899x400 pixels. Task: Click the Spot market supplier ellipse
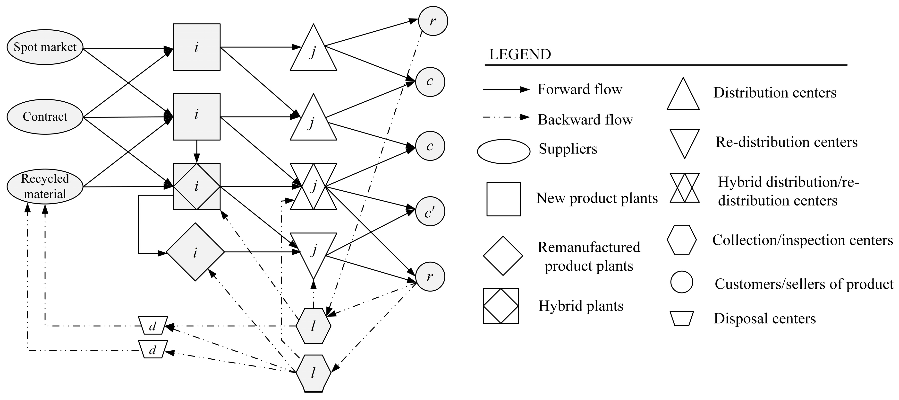pyautogui.click(x=45, y=47)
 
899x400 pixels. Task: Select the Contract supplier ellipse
pyautogui.click(x=45, y=117)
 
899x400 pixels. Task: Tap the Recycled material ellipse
pyautogui.click(x=45, y=187)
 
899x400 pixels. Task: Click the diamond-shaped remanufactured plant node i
pyautogui.click(x=195, y=252)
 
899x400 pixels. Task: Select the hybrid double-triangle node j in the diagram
pyautogui.click(x=314, y=187)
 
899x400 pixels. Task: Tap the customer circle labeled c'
pyautogui.click(x=430, y=212)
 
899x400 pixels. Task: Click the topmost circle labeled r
pyautogui.click(x=433, y=21)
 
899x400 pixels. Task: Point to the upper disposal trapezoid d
pyautogui.click(x=153, y=326)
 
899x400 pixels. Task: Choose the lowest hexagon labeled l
pyautogui.click(x=313, y=373)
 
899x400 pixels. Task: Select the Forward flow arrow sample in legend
pyautogui.click(x=506, y=90)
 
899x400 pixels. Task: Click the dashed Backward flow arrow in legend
pyautogui.click(x=506, y=118)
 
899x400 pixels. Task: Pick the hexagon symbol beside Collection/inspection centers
pyautogui.click(x=682, y=240)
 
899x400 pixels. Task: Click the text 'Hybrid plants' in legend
pyautogui.click(x=581, y=306)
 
